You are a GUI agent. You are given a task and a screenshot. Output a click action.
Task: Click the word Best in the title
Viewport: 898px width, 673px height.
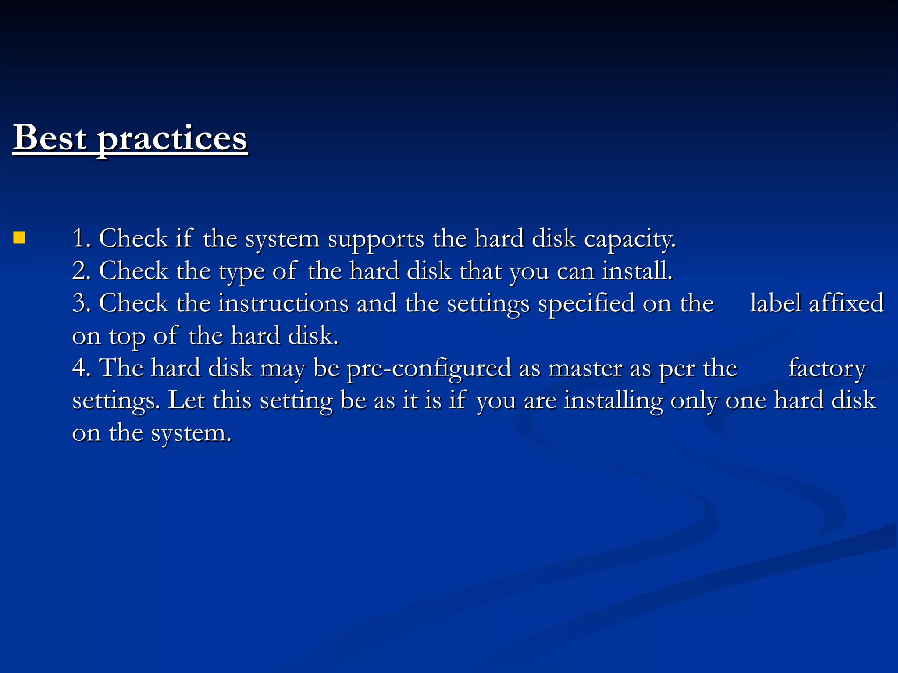click(50, 138)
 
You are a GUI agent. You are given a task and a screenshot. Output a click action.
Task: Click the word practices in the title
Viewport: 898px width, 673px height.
click(172, 139)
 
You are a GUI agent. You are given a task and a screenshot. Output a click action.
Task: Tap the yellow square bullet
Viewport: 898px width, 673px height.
click(19, 238)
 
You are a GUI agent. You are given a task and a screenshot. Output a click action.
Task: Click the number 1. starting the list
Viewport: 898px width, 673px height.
click(82, 239)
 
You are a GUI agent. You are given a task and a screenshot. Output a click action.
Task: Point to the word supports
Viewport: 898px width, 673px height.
click(376, 240)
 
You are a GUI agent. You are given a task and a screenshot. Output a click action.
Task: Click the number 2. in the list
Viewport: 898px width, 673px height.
click(82, 271)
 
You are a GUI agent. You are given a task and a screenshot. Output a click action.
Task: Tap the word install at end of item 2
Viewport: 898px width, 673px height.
click(636, 271)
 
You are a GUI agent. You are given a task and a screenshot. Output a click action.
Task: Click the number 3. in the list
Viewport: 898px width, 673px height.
click(82, 303)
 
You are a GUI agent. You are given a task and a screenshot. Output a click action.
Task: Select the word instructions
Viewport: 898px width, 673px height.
click(283, 303)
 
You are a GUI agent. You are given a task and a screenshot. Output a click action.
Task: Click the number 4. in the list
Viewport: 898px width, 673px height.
click(82, 368)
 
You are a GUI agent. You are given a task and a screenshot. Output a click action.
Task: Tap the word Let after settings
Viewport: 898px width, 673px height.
click(186, 400)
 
